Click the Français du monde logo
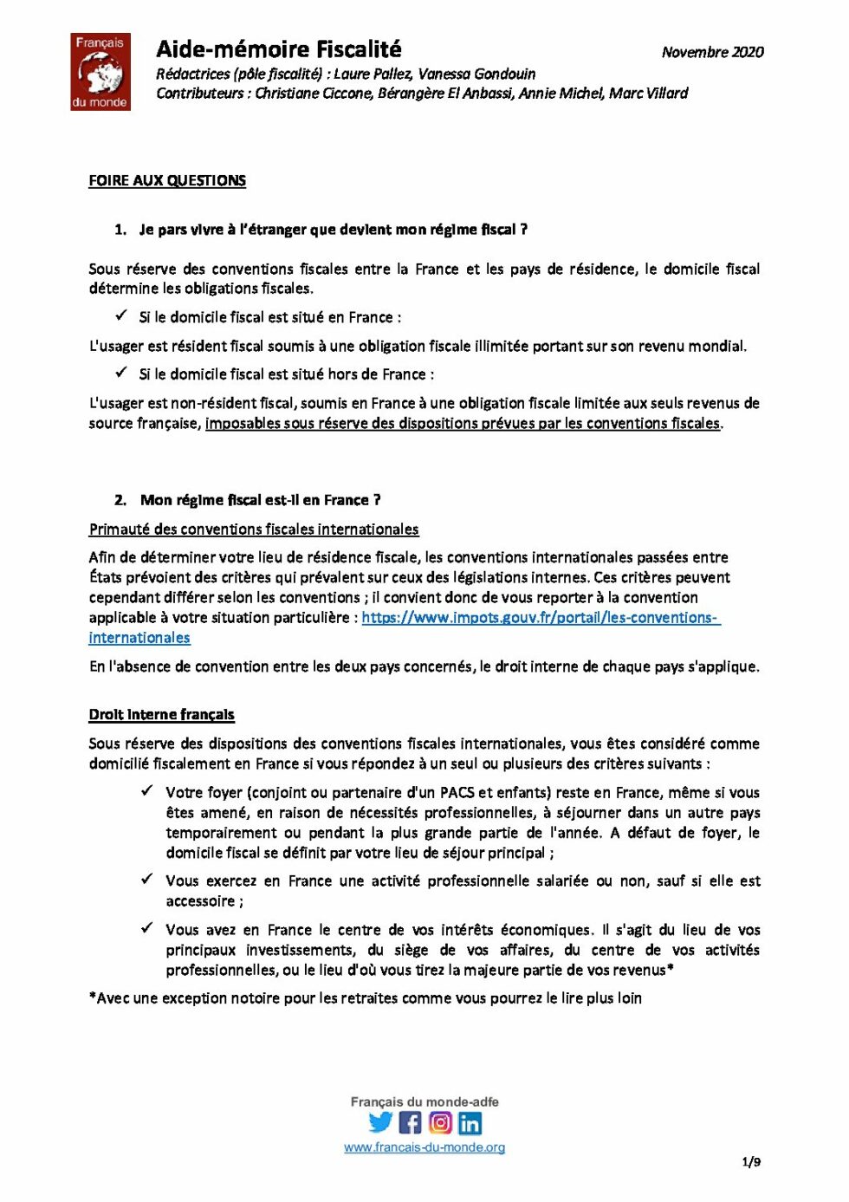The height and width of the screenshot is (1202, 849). (x=100, y=72)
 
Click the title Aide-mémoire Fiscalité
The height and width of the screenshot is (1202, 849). (x=278, y=49)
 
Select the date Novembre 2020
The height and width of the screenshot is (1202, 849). (x=712, y=52)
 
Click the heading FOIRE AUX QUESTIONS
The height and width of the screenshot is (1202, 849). (x=167, y=180)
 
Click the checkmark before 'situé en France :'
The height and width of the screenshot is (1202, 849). (x=121, y=315)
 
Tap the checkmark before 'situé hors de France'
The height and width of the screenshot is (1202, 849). (x=121, y=373)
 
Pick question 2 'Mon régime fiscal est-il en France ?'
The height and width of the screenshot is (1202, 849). (x=260, y=500)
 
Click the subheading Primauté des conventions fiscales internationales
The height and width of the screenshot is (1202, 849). (x=253, y=529)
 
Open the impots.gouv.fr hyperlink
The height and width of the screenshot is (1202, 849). (x=540, y=618)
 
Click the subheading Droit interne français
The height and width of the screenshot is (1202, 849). (x=161, y=714)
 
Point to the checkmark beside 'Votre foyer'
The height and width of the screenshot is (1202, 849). (x=147, y=790)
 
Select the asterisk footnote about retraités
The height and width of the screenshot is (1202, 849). (x=365, y=998)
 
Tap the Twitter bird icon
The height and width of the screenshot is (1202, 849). (x=380, y=1122)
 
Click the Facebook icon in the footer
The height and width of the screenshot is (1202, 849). (x=411, y=1123)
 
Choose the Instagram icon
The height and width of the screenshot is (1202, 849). (x=440, y=1123)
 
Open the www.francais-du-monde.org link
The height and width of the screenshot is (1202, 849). (x=424, y=1147)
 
